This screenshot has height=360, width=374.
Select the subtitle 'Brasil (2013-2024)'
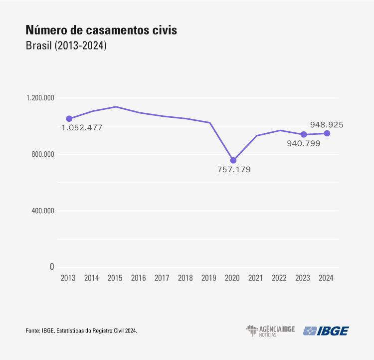pos(66,46)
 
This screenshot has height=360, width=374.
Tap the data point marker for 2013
pos(69,119)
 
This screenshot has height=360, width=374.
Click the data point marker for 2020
pos(233,160)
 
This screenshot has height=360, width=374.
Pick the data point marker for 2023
pos(304,134)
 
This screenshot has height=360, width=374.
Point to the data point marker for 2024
pos(327,133)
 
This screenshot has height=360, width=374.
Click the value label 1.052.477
pos(82,128)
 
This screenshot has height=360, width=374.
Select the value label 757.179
pos(234,170)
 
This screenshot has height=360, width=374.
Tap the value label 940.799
pos(304,144)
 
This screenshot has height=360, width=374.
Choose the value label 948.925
pos(327,124)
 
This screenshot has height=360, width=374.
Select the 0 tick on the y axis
pos(51,267)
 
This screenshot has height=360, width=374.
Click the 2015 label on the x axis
pos(115,278)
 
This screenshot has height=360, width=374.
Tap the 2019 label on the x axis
pos(209,278)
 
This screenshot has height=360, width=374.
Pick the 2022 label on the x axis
pos(280,278)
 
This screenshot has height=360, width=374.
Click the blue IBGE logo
pos(326,331)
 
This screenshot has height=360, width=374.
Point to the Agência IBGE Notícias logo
pos(270,331)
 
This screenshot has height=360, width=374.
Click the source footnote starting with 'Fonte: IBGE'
pos(81,331)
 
